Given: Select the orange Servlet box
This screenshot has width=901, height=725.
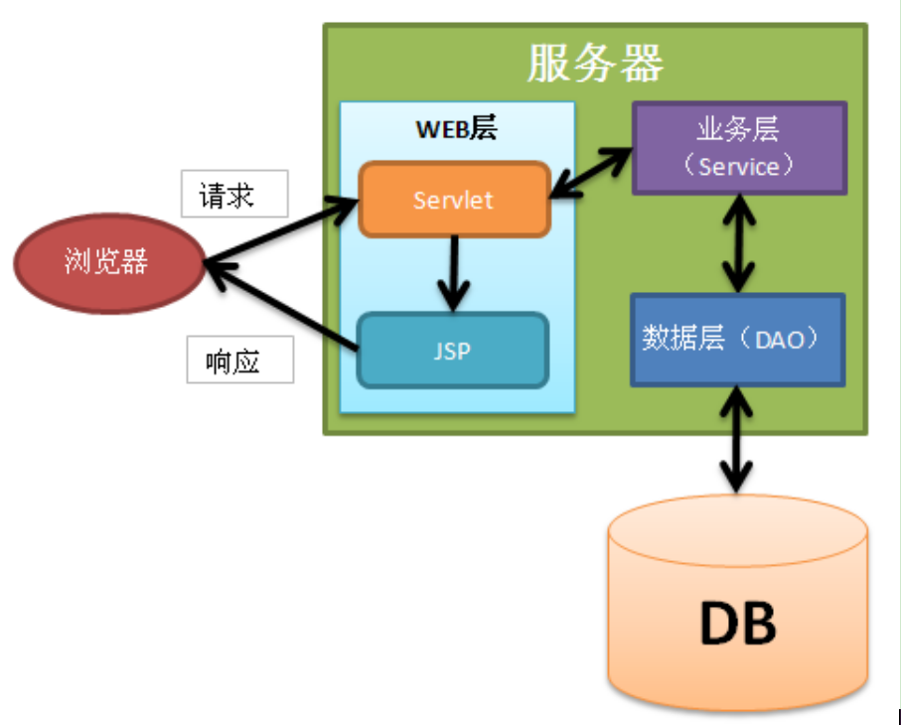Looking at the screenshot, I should pos(454,200).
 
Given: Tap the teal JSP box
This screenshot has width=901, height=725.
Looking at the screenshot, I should pos(452,351).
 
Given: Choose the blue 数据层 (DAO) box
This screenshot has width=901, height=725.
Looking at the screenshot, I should pos(737,340).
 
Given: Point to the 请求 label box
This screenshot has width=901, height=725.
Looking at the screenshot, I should pos(234,194).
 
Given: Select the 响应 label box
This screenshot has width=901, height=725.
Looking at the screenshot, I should pos(240,360).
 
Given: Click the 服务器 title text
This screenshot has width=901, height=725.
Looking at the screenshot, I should pos(595,65).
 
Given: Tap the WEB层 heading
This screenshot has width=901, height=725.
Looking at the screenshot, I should pos(456,128).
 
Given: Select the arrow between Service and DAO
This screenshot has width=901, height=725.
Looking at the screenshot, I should pos(737,241).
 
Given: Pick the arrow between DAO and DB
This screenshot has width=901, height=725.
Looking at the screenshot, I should pos(736,437).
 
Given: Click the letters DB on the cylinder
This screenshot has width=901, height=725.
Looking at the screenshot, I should pos(737,623).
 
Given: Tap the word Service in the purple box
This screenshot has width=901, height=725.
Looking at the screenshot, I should pos(738,166).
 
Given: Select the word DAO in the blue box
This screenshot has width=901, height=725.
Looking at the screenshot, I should pos(784,340).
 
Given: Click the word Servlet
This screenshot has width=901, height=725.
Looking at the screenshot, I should pos(454,200).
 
